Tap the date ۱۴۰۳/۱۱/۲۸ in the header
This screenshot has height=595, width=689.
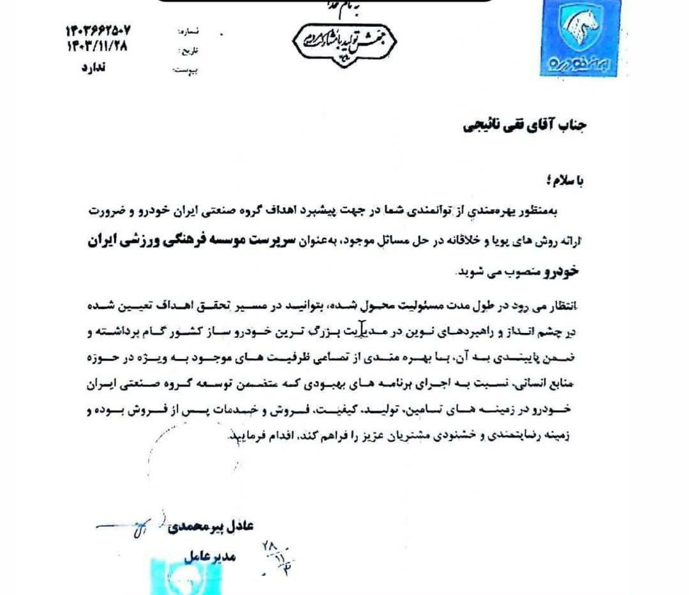(x=96, y=46)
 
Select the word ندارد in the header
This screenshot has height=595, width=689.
(x=96, y=67)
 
